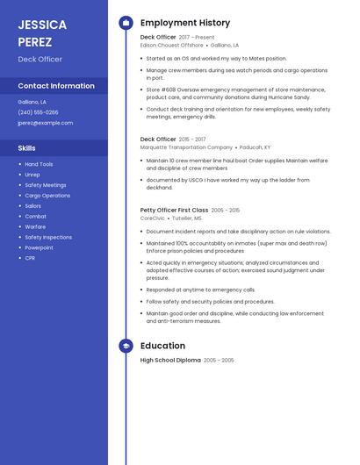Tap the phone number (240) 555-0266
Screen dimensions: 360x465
[38, 112]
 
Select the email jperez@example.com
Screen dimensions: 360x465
[45, 123]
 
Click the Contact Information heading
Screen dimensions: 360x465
[56, 86]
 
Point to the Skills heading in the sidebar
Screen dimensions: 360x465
[27, 148]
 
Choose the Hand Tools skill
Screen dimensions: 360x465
[39, 164]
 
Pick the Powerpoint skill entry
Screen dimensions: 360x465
[39, 247]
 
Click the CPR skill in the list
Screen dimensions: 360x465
[30, 258]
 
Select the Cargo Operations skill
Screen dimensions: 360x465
[47, 196]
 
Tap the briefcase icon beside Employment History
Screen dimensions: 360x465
[125, 23]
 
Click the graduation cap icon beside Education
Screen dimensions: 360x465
[125, 346]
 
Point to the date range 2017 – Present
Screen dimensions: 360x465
[197, 38]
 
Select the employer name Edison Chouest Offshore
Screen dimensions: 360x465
[172, 45]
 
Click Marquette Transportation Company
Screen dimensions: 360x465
[186, 147]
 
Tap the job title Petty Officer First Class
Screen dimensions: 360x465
[174, 211]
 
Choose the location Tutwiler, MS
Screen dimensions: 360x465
[186, 218]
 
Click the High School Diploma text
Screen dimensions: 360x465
[170, 361]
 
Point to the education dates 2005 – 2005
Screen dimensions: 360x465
[219, 361]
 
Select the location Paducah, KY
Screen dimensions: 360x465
[256, 147]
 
